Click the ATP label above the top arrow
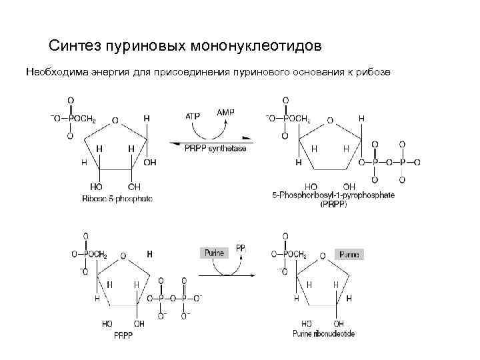193,115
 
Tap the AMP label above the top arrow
226,113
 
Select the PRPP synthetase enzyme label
215,148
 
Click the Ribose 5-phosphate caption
117,199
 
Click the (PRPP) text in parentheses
333,205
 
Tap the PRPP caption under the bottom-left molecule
124,334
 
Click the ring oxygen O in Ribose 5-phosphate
115,121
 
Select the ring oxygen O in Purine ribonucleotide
325,255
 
